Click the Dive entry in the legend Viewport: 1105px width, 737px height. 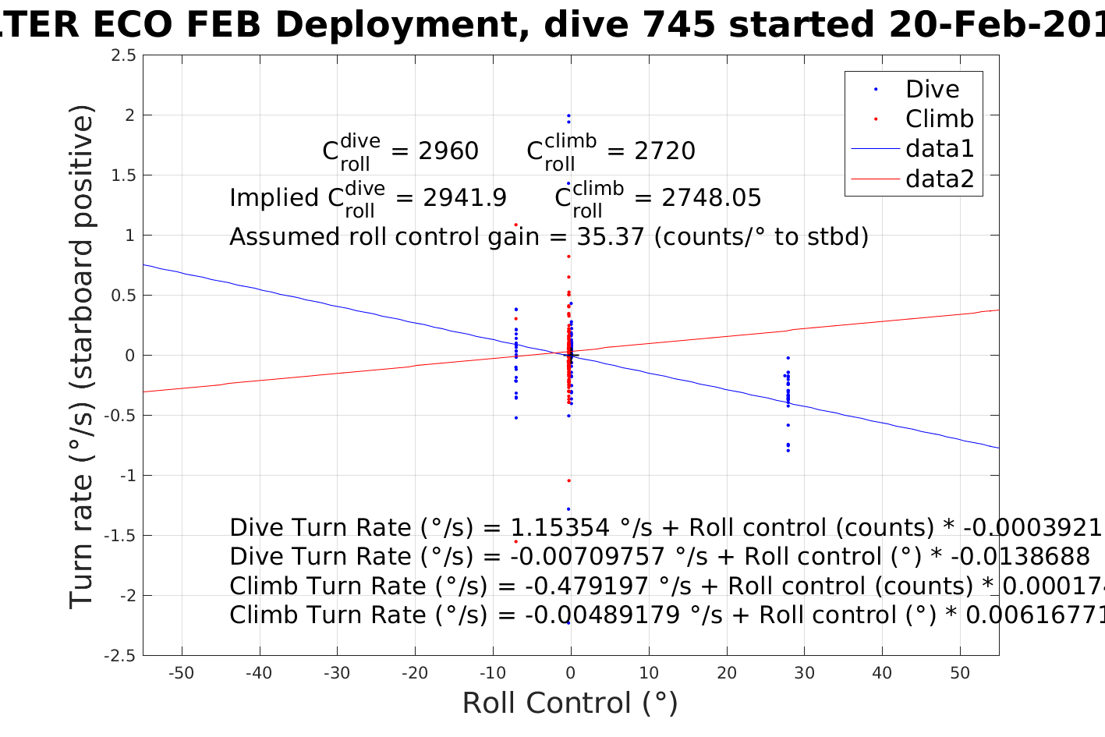click(x=932, y=89)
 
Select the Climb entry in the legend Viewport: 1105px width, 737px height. click(x=939, y=119)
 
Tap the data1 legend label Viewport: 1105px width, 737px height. click(x=940, y=148)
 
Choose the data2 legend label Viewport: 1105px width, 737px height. click(x=940, y=179)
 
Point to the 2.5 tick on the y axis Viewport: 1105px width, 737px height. click(x=123, y=55)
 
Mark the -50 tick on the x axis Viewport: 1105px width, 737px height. click(x=181, y=673)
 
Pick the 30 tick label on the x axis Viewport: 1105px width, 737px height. click(x=804, y=673)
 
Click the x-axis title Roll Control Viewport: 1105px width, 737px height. click(x=570, y=703)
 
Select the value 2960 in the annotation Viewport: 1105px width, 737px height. click(x=448, y=151)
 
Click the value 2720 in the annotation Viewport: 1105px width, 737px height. click(x=664, y=151)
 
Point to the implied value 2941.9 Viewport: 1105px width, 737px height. click(x=465, y=198)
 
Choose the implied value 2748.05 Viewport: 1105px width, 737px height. click(x=711, y=198)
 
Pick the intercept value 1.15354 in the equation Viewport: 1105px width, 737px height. click(x=559, y=528)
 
